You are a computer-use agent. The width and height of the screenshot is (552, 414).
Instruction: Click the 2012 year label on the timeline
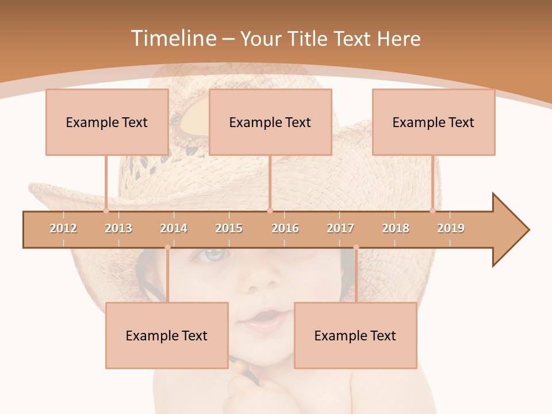pos(63,228)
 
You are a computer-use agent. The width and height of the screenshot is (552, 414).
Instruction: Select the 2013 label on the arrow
pos(118,228)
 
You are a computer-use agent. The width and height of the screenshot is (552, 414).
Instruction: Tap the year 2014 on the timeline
pos(174,228)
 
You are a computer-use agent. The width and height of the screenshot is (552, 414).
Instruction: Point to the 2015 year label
pos(229,228)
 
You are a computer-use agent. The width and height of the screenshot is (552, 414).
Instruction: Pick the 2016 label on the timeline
pos(285,228)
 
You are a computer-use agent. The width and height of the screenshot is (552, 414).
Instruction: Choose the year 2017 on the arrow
pos(340,228)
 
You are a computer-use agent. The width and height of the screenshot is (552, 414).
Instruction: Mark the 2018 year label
pos(396,228)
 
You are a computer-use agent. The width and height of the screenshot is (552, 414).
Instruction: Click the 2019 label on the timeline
pos(451,228)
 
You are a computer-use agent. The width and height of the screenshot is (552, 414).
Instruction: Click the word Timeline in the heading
pos(172,39)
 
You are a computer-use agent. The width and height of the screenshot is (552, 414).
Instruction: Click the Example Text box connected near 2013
pos(107,122)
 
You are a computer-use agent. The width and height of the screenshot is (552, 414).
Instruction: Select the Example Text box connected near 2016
pos(270,122)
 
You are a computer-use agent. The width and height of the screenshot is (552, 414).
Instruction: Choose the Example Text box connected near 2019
pos(434,122)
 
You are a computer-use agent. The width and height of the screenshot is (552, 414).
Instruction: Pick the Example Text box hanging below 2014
pos(167,335)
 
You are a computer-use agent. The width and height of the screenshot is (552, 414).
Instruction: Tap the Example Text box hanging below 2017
pos(355,335)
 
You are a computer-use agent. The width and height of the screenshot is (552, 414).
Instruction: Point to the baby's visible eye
pos(213,254)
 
